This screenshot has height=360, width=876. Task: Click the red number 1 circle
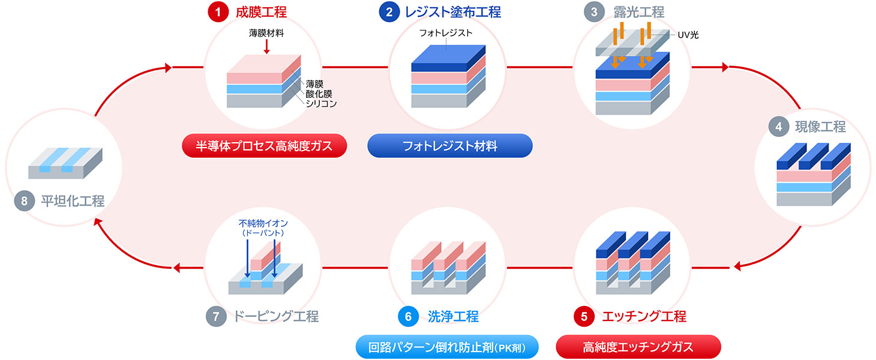217,12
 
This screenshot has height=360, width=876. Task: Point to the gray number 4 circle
779,127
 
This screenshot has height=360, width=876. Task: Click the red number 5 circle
583,316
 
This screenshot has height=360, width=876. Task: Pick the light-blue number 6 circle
407,316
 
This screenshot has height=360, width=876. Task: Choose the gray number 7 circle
216,316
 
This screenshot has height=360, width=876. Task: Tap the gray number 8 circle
25,201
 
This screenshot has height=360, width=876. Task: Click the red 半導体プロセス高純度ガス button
265,146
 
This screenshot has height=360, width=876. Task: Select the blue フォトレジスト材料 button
450,146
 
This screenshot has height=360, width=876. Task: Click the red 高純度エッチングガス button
638,347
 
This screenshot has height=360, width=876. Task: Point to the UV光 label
688,35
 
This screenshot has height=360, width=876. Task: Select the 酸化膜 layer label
318,94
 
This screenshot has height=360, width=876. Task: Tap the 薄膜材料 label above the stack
266,33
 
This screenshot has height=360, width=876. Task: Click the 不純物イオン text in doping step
263,223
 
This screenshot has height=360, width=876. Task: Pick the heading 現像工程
820,127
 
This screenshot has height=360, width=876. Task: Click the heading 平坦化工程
73,201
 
